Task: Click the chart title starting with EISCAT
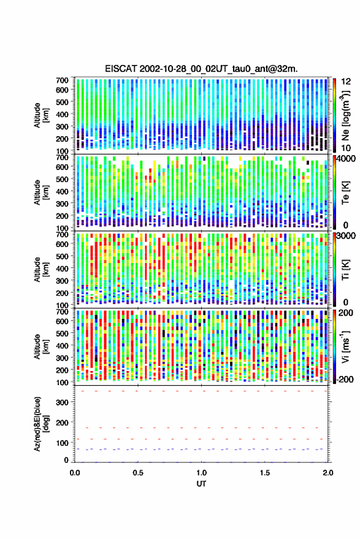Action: pyautogui.click(x=201, y=69)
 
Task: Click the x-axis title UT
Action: pyautogui.click(x=201, y=484)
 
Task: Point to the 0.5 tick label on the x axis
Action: pyautogui.click(x=138, y=473)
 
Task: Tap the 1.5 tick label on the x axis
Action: pyautogui.click(x=264, y=473)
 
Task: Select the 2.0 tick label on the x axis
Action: pyautogui.click(x=327, y=473)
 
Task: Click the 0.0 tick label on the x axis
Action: pyautogui.click(x=75, y=473)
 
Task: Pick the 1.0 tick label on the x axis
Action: pyautogui.click(x=201, y=473)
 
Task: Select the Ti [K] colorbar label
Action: pyautogui.click(x=345, y=270)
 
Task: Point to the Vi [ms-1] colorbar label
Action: pyautogui.click(x=345, y=346)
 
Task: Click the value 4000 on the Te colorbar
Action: pyautogui.click(x=346, y=159)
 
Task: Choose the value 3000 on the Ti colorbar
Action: pyautogui.click(x=346, y=236)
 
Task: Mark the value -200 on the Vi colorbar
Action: pyautogui.click(x=345, y=379)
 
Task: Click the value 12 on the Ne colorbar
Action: pyautogui.click(x=346, y=82)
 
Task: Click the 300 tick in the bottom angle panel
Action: pyautogui.click(x=62, y=402)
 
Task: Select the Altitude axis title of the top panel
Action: pyautogui.click(x=41, y=115)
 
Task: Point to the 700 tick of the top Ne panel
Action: pyautogui.click(x=62, y=80)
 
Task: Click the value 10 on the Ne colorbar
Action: pyautogui.click(x=346, y=148)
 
